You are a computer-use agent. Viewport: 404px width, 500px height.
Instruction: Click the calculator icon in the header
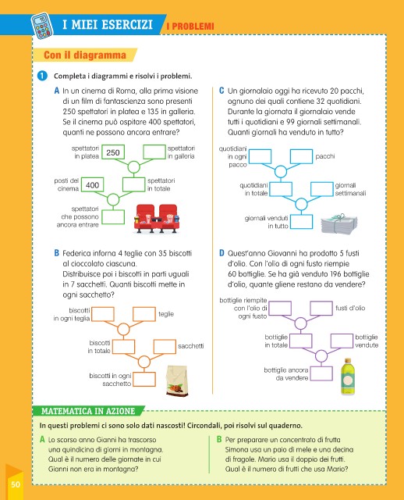pos(42,26)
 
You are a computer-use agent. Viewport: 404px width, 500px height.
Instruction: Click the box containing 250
pos(113,152)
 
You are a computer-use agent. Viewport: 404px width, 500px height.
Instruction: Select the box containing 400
pos(92,185)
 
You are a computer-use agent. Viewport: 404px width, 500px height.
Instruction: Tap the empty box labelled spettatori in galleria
pos(154,152)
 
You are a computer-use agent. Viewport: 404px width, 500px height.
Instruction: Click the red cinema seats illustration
pos(157,219)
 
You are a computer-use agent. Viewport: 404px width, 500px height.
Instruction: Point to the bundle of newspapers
pos(339,224)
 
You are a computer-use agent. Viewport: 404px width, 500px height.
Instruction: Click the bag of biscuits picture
pos(177,380)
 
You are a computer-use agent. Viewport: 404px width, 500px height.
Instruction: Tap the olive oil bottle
pos(348,377)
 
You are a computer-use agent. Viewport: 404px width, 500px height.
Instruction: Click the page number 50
pos(16,484)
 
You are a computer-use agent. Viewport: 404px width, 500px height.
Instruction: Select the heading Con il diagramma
pos(85,55)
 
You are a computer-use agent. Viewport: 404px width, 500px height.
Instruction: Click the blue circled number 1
pos(42,76)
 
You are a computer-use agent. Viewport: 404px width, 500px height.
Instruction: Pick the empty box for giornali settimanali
pos(322,189)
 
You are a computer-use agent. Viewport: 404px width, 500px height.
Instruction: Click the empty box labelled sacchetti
pos(165,347)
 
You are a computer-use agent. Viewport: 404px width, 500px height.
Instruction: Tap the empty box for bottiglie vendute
pos(342,341)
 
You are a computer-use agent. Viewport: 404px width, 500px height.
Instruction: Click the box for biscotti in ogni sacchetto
pos(144,379)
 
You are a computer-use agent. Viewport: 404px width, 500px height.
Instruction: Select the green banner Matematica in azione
pos(88,411)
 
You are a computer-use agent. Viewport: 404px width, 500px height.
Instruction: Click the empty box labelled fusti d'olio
pos(321,309)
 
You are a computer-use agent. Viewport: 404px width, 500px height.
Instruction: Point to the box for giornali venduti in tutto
pos(302,222)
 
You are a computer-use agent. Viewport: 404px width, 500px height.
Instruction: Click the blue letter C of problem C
pos(221,91)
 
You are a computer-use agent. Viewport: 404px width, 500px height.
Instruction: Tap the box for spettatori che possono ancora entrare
pos(113,217)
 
